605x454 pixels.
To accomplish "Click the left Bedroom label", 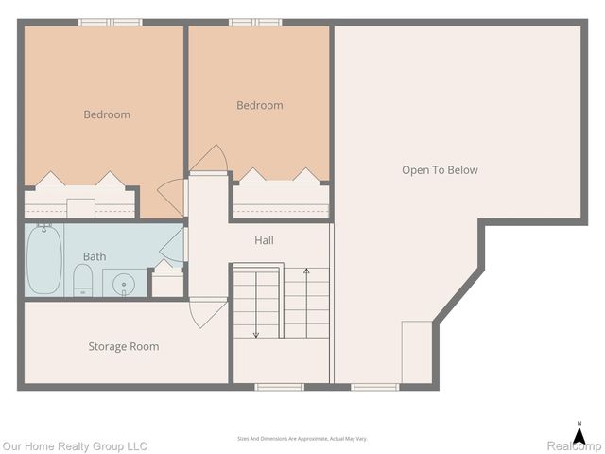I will pyautogui.click(x=107, y=114).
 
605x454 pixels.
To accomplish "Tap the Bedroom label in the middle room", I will pyautogui.click(x=259, y=105).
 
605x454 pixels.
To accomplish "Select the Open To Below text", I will pyautogui.click(x=440, y=170).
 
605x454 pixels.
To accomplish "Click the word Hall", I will pyautogui.click(x=264, y=240).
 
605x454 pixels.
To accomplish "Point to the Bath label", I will pyautogui.click(x=95, y=256).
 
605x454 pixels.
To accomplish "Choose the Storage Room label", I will pyautogui.click(x=124, y=346).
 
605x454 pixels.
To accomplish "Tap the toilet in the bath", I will pyautogui.click(x=82, y=281).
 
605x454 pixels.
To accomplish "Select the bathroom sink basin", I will pyautogui.click(x=125, y=283).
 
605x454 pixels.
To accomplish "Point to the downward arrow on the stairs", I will pyautogui.click(x=256, y=303).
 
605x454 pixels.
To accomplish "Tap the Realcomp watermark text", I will pyautogui.click(x=574, y=445).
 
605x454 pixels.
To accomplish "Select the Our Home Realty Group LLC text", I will pyautogui.click(x=75, y=445).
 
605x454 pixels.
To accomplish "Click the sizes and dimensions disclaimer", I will pyautogui.click(x=302, y=439).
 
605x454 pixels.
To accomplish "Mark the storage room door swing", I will pyautogui.click(x=208, y=313).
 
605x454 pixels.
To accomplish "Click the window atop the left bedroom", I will pyautogui.click(x=110, y=22).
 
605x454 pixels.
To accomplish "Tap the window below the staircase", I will pyautogui.click(x=280, y=386).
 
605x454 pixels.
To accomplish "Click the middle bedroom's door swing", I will pyautogui.click(x=210, y=158).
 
